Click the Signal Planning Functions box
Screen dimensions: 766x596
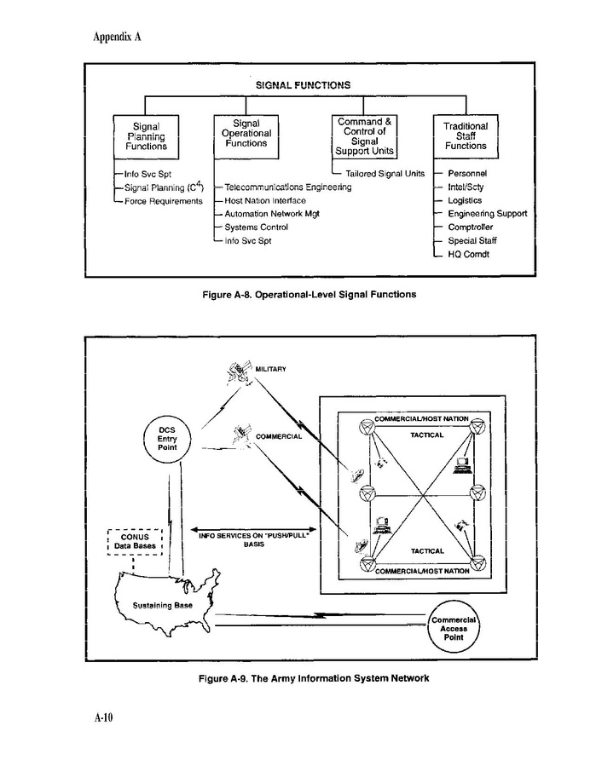[x=147, y=136]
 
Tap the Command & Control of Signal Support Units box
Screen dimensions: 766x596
[x=364, y=137]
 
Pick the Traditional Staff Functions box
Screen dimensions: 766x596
[x=466, y=136]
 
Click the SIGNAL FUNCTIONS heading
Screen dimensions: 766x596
[x=303, y=85]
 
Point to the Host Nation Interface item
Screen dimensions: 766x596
[x=265, y=200]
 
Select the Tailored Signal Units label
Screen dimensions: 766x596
[x=385, y=174]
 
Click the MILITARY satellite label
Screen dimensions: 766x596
[x=270, y=369]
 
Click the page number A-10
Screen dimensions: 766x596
[x=103, y=718]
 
